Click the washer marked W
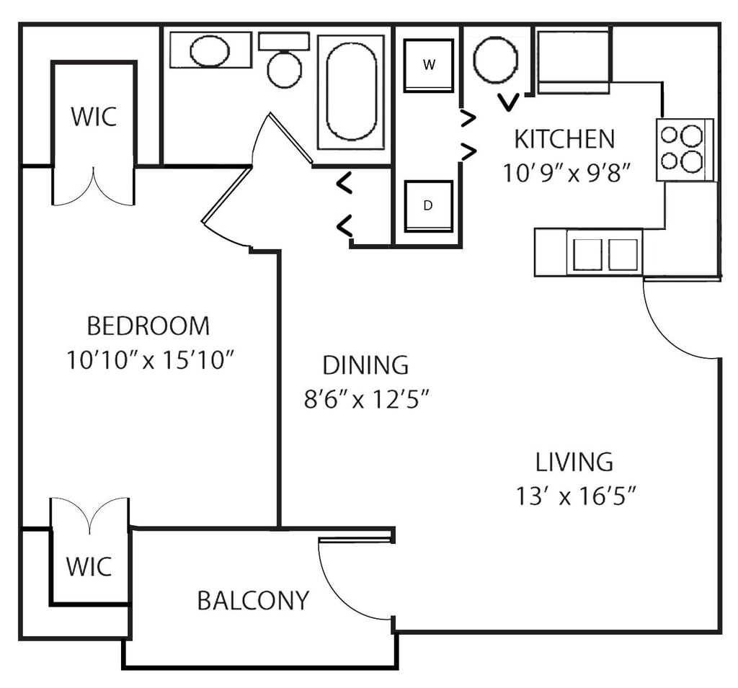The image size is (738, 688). pos(429,65)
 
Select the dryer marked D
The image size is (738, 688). pos(428,206)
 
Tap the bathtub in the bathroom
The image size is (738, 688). pos(351,91)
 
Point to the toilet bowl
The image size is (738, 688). pos(284,69)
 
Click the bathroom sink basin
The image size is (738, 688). pos(210,50)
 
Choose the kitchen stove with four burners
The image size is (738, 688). pos(684,149)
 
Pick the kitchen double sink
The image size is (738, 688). pos(604,253)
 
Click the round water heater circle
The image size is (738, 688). pos(496,60)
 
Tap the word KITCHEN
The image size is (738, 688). pos(564,138)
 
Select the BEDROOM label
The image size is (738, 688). pos(148,326)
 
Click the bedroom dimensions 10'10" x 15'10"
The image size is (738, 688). pos(151,359)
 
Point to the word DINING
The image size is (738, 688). pos(365,365)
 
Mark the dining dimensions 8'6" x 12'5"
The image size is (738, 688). pos(368,398)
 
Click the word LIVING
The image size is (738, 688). pos(574,461)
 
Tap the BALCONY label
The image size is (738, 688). pos(253,600)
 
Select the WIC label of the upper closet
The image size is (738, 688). pos(94,117)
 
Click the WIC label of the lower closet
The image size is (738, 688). pos(89,566)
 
